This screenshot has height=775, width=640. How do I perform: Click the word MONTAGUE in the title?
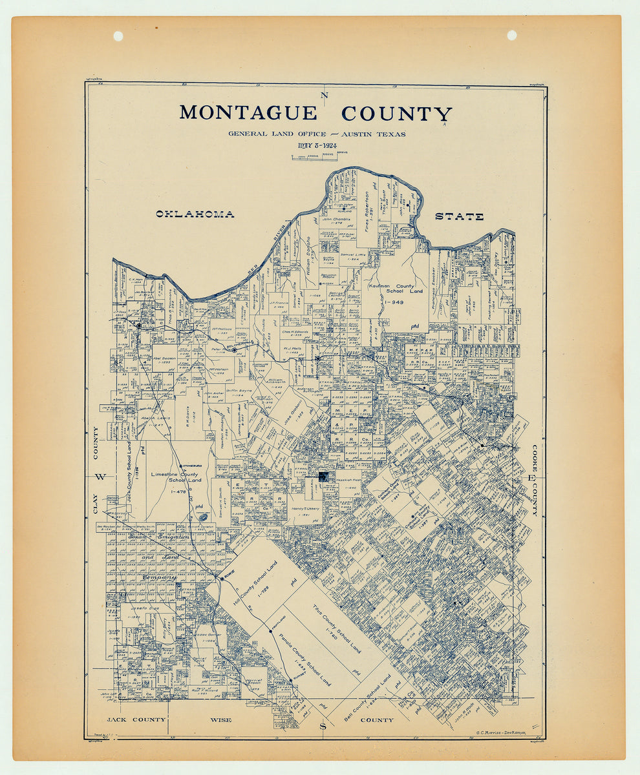(x=248, y=113)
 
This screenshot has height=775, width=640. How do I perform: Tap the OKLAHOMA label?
(x=195, y=214)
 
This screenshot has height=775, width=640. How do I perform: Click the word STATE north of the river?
(x=459, y=216)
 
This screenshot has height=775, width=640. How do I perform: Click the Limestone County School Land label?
(x=175, y=477)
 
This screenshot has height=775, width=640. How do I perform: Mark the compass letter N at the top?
(x=325, y=96)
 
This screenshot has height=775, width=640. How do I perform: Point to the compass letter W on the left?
(x=100, y=477)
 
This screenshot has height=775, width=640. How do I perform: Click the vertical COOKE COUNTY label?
(x=535, y=480)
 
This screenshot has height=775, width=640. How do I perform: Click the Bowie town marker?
(x=222, y=579)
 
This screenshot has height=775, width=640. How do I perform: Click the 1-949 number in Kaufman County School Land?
(x=394, y=302)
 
